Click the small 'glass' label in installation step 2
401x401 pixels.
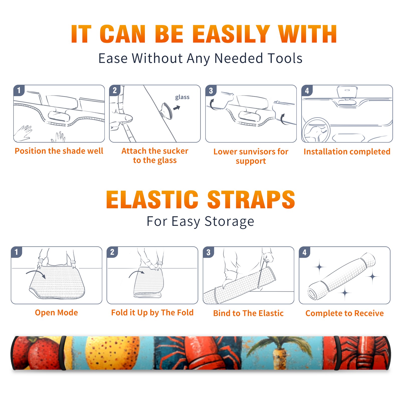182,97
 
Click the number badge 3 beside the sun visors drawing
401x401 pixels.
211,90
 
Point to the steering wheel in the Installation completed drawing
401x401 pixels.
316,130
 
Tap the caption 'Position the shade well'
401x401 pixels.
59,151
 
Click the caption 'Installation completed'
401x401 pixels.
347,152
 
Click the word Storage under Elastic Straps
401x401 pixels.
229,222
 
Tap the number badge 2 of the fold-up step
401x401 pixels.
112,252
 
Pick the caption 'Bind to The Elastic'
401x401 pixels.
248,313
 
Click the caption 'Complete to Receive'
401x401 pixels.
345,313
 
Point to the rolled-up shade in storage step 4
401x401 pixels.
342,276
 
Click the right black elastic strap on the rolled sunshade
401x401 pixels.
337,353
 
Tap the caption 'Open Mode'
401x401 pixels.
56,313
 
